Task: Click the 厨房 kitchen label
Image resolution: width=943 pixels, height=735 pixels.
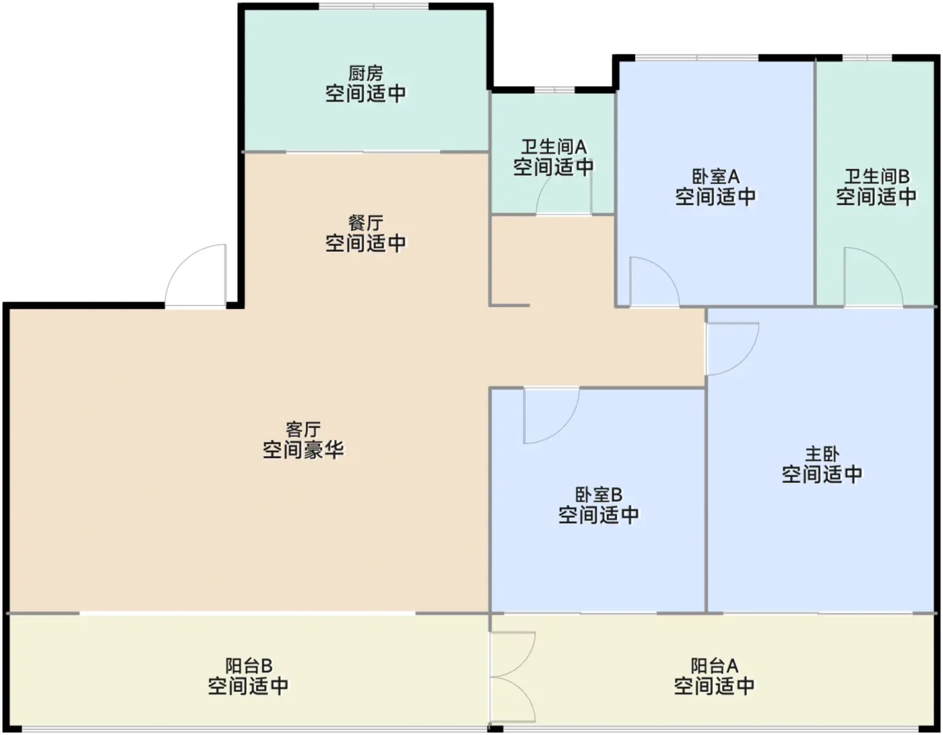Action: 365,73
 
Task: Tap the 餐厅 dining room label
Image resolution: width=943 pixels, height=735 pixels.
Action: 365,223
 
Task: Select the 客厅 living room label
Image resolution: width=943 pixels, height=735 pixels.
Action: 303,430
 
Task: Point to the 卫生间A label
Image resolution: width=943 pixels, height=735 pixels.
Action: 554,147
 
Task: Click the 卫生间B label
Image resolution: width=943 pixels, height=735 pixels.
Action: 876,177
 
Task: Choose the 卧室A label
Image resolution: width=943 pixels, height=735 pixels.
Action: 715,177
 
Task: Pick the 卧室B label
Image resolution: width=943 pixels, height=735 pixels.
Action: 598,494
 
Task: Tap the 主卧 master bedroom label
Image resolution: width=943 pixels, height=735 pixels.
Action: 822,454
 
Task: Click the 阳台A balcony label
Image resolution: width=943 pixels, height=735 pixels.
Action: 714,666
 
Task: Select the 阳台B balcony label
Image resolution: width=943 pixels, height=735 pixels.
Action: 249,666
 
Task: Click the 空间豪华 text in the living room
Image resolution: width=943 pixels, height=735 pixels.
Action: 303,450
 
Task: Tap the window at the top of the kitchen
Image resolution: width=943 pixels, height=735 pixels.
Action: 374,6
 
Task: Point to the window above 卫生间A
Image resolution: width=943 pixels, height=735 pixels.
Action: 554,90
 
